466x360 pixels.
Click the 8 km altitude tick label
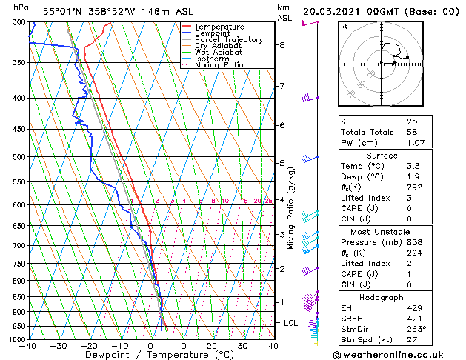point(282,45)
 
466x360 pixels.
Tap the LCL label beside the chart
point(291,323)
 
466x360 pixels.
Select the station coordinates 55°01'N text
point(64,11)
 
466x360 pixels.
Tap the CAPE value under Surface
point(409,209)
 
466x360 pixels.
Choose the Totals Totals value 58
point(411,131)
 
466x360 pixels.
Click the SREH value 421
point(413,317)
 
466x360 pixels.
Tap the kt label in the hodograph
point(344,27)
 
